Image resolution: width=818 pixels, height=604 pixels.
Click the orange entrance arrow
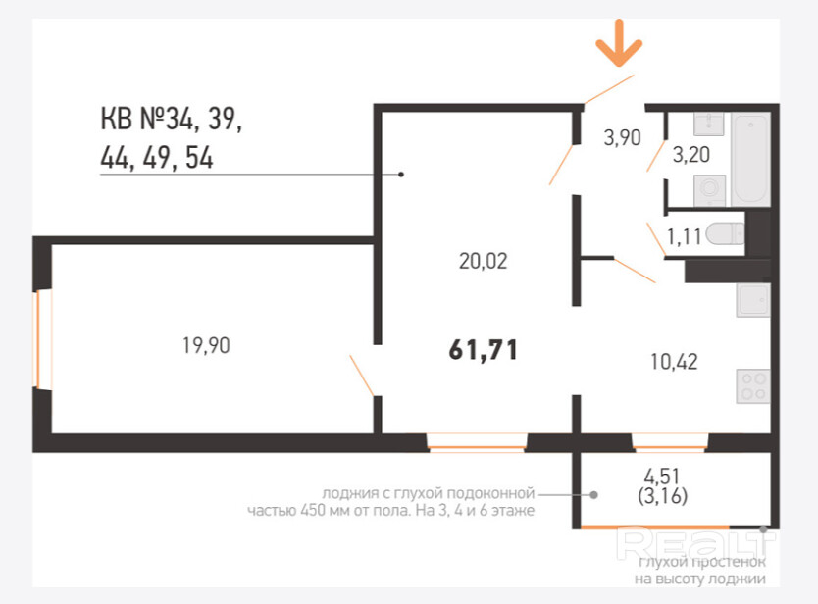click(x=619, y=44)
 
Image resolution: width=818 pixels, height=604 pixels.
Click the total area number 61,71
click(x=484, y=350)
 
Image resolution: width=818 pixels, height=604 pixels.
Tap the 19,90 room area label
click(x=206, y=345)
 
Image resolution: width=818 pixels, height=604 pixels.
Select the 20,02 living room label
click(x=484, y=261)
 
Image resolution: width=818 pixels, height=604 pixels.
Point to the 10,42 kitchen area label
click(x=674, y=362)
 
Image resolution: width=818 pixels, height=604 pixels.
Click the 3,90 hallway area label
click(x=622, y=137)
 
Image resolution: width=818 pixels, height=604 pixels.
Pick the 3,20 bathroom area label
click(x=691, y=154)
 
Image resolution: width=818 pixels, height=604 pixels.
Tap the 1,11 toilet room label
click(x=685, y=237)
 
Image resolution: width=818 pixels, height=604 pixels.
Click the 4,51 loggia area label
click(x=662, y=477)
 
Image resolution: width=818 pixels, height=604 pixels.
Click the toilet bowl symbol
click(x=725, y=233)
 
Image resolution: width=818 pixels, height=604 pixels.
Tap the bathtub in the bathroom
click(x=750, y=159)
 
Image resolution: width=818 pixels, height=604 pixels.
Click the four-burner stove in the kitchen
click(x=753, y=386)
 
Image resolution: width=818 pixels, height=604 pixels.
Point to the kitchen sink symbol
click(x=753, y=300)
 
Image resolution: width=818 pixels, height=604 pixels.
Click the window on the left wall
click(x=42, y=339)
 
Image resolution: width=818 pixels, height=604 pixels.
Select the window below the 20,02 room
click(x=477, y=442)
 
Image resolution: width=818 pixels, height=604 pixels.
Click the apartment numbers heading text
click(x=172, y=137)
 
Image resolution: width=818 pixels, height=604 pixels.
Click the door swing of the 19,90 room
click(x=362, y=376)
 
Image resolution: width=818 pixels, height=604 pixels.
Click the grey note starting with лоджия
click(x=390, y=501)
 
